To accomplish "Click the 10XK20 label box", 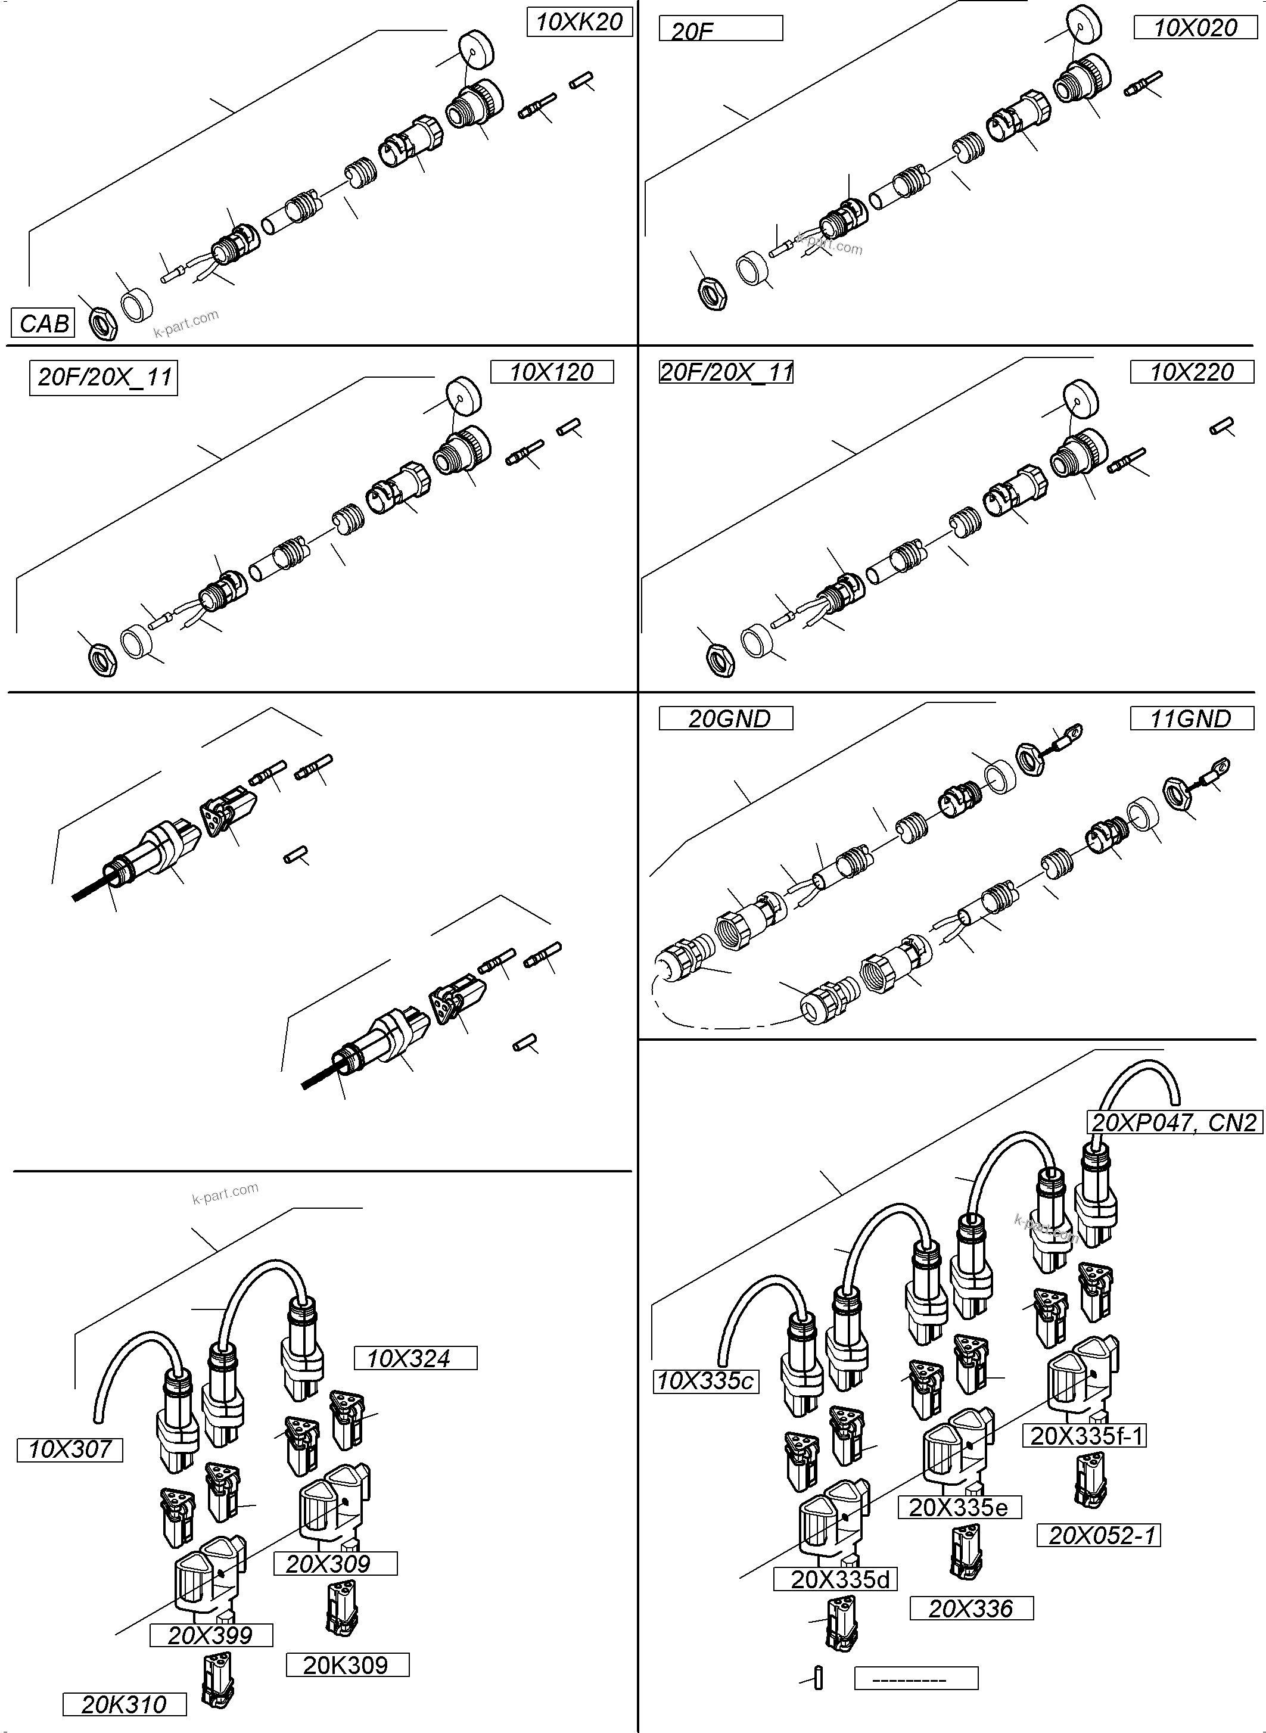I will [x=579, y=22].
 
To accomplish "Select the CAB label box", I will [x=43, y=322].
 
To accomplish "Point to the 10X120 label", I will [x=552, y=372].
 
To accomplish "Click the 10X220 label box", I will [x=1192, y=372].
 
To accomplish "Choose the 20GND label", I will [x=726, y=718].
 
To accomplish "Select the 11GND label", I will [x=1192, y=718].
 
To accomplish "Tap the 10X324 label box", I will [x=415, y=1358].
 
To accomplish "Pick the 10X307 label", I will [x=70, y=1449].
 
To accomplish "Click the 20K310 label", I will [x=124, y=1704].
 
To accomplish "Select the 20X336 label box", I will [x=971, y=1608].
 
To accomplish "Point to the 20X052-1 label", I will [x=1098, y=1535].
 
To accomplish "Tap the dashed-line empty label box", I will [x=916, y=1678].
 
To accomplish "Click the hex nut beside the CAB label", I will [x=102, y=323].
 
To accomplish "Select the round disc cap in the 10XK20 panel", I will [x=476, y=51].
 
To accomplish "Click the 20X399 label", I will [x=211, y=1635].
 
